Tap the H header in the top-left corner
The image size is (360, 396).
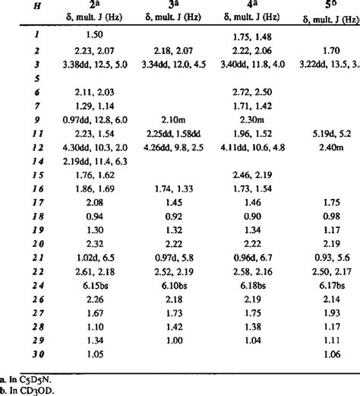pyautogui.click(x=14, y=7)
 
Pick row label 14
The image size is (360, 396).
pyautogui.click(x=14, y=162)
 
